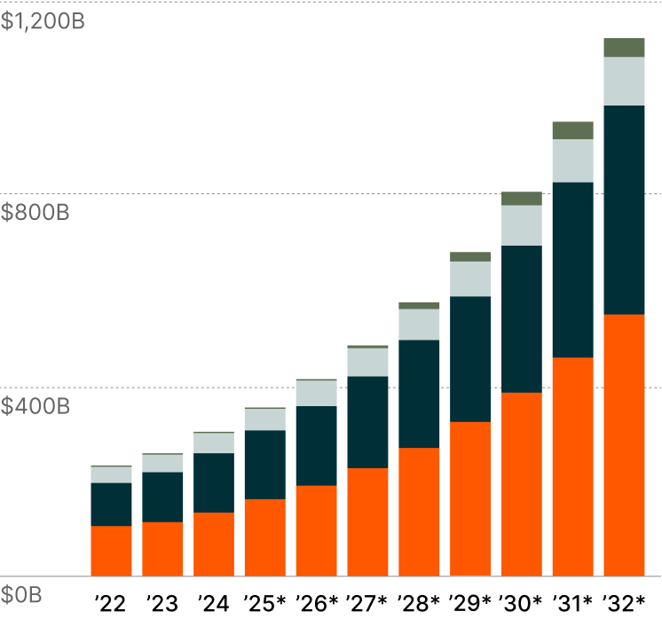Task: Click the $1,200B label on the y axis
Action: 43,22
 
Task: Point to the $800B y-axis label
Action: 35,213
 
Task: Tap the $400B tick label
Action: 35,407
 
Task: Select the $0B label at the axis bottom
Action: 21,594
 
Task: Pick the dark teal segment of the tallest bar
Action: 624,210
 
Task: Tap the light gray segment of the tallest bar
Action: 624,81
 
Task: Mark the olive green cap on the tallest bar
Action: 624,48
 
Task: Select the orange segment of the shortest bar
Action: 111,551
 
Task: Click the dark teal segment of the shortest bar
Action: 111,504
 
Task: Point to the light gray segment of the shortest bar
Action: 111,474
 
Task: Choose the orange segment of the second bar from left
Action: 162,549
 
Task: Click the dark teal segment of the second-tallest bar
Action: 572,270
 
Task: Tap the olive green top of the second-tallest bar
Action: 572,130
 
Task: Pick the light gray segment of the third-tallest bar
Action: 521,225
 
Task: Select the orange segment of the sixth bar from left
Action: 367,521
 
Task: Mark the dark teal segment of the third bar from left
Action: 214,482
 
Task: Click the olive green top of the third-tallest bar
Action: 521,199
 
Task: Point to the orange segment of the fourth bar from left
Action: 264,537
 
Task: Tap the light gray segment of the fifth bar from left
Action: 316,393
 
